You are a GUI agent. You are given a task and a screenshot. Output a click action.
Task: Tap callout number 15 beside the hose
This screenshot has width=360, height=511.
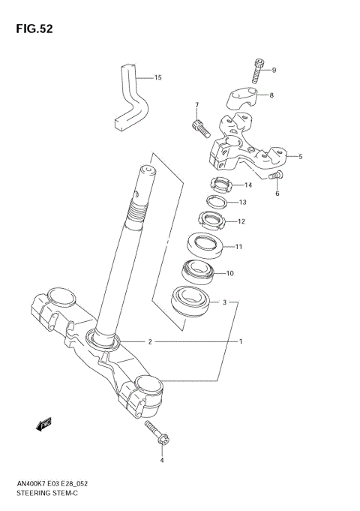tap(157, 77)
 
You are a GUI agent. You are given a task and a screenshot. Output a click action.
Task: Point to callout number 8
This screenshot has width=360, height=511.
tap(271, 95)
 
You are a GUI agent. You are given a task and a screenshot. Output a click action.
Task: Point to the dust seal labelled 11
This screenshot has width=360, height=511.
tap(204, 245)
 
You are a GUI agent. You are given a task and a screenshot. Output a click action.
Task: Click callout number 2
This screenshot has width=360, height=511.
tap(150, 341)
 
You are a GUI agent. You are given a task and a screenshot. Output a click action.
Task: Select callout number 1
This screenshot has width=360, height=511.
tap(241, 341)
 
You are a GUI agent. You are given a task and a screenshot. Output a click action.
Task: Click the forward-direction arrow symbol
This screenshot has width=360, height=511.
tap(43, 425)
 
